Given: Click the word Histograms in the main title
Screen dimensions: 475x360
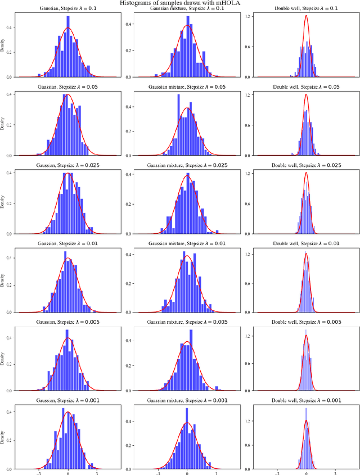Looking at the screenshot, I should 138,3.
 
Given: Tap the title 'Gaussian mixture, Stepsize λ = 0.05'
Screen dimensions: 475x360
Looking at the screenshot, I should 187,87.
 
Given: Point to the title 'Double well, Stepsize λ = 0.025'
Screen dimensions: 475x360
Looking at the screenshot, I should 306,165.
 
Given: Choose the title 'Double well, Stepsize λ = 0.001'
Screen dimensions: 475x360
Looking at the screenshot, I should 306,400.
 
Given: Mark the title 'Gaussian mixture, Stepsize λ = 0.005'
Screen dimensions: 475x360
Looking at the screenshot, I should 187,322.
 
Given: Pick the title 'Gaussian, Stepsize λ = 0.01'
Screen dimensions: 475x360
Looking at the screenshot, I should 68,243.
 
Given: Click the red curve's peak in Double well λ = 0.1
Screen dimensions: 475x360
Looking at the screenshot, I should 306,16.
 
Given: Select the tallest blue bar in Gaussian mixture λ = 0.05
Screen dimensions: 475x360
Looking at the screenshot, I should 178,94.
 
